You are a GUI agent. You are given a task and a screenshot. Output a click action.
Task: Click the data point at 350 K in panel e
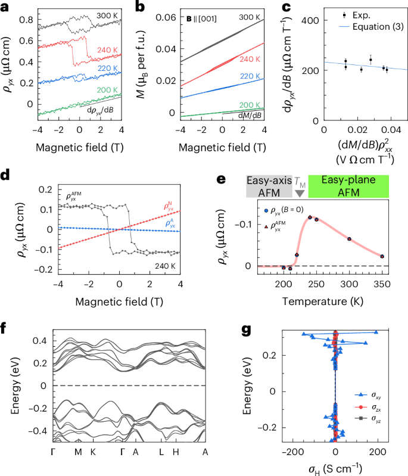(382, 256)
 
